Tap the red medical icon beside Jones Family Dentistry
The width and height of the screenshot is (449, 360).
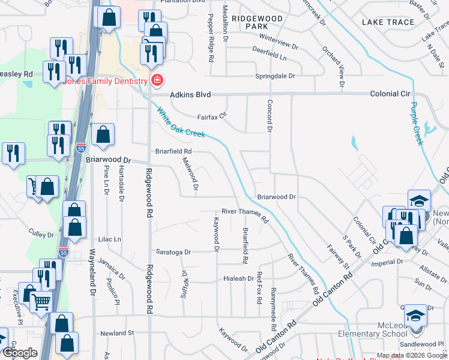[157, 80]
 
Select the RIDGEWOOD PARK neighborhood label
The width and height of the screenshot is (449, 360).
[257, 23]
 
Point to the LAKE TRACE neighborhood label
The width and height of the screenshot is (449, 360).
[388, 22]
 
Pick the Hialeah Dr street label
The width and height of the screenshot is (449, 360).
[239, 278]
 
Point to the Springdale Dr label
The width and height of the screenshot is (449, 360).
[276, 76]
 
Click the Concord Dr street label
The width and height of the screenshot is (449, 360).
[270, 116]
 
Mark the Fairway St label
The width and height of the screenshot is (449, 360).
[338, 256]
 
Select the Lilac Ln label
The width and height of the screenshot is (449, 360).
[110, 239]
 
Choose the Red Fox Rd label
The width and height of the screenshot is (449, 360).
[259, 287]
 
